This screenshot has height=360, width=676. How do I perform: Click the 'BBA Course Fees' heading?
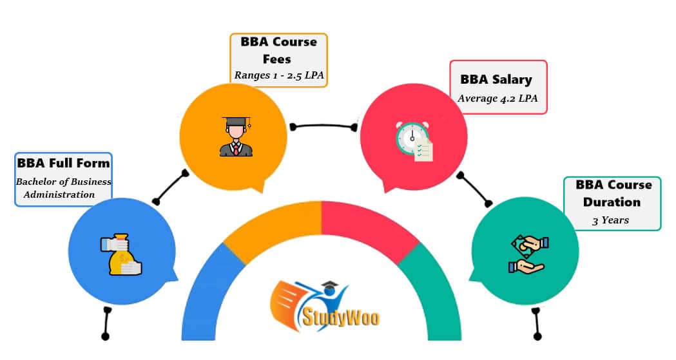[278, 50]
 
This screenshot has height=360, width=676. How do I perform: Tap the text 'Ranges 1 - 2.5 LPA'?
[278, 75]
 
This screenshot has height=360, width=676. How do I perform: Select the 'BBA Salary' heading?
[496, 80]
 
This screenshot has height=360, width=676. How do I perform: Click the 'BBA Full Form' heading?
[63, 163]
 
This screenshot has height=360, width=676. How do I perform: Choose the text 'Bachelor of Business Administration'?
[63, 187]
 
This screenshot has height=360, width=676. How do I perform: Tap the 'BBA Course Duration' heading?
[613, 193]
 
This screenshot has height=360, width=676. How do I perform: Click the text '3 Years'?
[610, 220]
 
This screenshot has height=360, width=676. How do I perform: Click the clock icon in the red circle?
[413, 141]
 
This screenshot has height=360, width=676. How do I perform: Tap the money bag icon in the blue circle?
[121, 256]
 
